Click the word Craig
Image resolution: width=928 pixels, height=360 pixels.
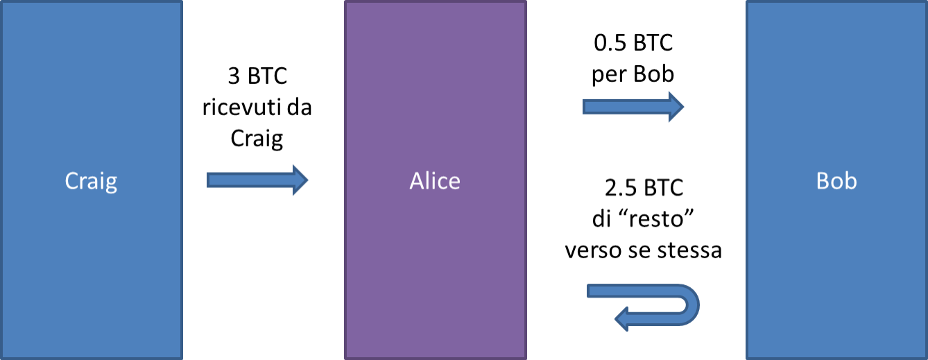click(91, 181)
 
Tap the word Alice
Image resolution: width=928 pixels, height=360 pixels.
click(435, 181)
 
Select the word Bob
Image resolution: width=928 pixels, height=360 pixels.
click(836, 181)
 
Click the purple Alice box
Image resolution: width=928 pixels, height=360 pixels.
click(435, 264)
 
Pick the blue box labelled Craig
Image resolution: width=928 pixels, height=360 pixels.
click(91, 264)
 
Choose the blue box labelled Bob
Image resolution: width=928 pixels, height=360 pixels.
click(836, 264)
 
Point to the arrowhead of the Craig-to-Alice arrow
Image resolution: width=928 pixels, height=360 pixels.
click(300, 180)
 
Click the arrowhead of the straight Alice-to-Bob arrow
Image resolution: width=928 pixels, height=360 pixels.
click(676, 106)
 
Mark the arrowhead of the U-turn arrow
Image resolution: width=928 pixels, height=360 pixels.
click(622, 319)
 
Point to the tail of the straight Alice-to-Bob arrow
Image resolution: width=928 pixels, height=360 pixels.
click(587, 106)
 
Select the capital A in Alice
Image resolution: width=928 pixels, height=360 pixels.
click(417, 181)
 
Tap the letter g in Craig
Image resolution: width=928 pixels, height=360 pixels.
click(110, 183)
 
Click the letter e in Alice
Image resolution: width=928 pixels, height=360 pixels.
click(454, 182)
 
